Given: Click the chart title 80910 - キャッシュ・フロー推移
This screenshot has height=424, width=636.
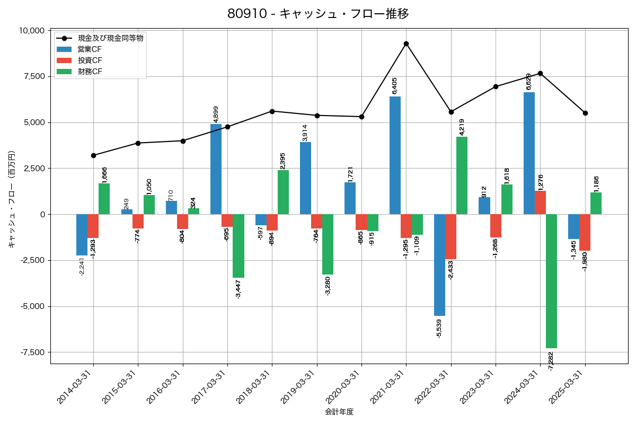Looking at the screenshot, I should coord(318,13).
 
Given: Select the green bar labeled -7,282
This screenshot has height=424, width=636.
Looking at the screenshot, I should coord(551,281).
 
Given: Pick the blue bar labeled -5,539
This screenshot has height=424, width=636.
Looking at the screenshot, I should coord(439,265).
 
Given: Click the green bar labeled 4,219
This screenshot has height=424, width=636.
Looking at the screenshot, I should coord(462,175).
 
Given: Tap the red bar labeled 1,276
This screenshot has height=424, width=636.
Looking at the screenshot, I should coord(540,202).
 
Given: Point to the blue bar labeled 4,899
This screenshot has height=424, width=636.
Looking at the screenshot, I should coord(216,169).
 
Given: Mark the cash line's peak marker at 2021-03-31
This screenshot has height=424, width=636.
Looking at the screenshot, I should coord(406,43).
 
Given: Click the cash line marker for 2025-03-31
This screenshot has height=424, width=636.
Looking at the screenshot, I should coord(585,113).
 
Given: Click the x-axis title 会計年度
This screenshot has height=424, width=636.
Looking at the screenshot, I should coord(339,412).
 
